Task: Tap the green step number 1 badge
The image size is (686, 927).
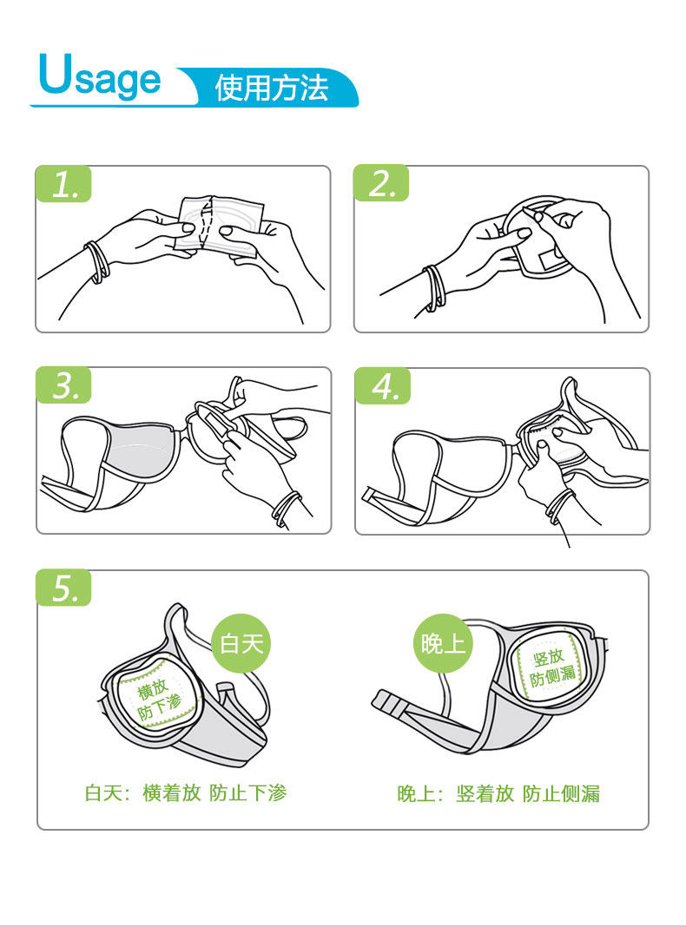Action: coord(64,184)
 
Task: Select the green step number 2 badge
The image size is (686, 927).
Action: coord(381,183)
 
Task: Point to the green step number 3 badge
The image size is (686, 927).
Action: coord(64,385)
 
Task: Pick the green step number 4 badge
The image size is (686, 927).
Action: coord(383,386)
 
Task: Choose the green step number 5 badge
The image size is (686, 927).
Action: coord(64,588)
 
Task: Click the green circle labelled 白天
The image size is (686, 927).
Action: coord(241,644)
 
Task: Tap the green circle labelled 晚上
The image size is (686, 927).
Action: coord(443,644)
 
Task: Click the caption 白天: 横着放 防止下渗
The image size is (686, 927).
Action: coord(186,792)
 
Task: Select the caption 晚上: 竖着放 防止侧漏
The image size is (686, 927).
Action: coord(498,793)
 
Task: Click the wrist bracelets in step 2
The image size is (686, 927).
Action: coord(435,287)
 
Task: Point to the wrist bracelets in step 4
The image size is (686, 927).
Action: coord(560,507)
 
